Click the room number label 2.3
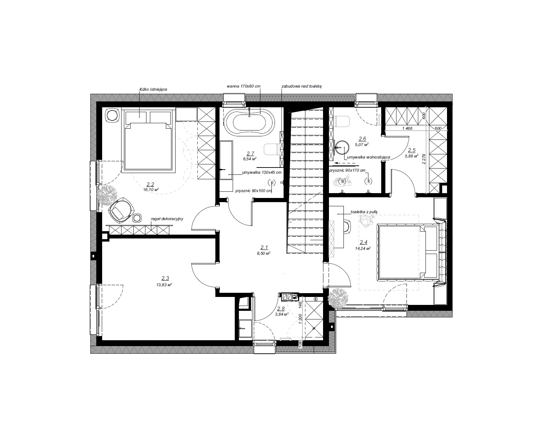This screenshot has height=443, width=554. tap(165, 278)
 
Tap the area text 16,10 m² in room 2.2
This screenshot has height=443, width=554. tap(151, 190)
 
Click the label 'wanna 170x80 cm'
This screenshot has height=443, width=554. tap(243, 86)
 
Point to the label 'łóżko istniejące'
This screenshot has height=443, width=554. tap(153, 89)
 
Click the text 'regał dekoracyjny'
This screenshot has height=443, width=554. tap(167, 219)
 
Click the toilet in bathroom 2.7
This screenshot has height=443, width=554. tap(272, 149)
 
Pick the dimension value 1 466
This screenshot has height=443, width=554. tap(407, 128)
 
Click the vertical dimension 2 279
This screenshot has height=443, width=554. tap(424, 159)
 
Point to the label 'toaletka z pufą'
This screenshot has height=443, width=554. tap(364, 212)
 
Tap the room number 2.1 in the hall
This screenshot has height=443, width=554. tap(264, 247)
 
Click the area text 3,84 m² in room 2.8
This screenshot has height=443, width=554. tap(282, 314)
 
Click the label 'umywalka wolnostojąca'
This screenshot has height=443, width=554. tap(368, 157)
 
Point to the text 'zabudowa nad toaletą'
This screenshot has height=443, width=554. tap(302, 86)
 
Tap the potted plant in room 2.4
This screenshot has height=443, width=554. tap(338, 298)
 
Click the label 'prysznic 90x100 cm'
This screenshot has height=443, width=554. tap(253, 191)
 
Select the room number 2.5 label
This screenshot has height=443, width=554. tap(412, 150)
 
